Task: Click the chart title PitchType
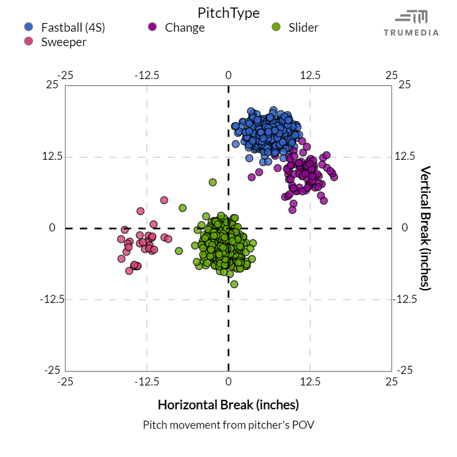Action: click(228, 13)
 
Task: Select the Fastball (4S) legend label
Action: click(73, 27)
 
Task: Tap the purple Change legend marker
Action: click(152, 27)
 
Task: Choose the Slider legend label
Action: click(303, 27)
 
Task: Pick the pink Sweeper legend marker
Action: click(29, 42)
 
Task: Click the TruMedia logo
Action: click(411, 23)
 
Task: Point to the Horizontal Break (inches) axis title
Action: click(228, 403)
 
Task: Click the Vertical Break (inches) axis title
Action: click(425, 228)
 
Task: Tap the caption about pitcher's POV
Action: click(228, 425)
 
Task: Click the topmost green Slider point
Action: click(212, 182)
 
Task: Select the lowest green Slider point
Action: click(234, 284)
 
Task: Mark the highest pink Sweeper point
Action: click(164, 200)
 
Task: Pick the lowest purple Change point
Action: click(293, 209)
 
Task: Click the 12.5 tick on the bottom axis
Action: click(310, 381)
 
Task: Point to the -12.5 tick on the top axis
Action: click(147, 75)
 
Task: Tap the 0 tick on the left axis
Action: click(52, 228)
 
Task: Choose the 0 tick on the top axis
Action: click(228, 75)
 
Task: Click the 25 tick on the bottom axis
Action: click(392, 381)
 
